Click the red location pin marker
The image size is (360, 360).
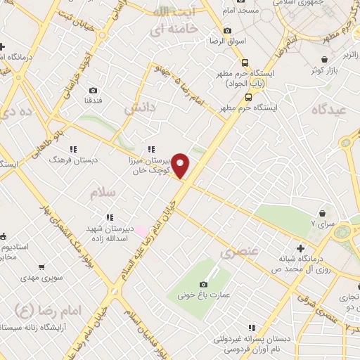[181, 165]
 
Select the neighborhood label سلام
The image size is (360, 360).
[102, 191]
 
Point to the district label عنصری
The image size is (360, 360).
[240, 251]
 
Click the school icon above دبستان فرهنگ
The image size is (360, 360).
[73, 149]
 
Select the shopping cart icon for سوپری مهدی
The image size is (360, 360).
[42, 266]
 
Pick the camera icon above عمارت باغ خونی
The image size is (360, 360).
[204, 284]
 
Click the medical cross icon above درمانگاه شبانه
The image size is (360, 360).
[300, 247]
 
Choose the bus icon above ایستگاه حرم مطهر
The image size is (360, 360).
[248, 98]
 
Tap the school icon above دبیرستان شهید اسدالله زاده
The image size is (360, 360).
[109, 218]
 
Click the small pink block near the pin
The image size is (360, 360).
[142, 231]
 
